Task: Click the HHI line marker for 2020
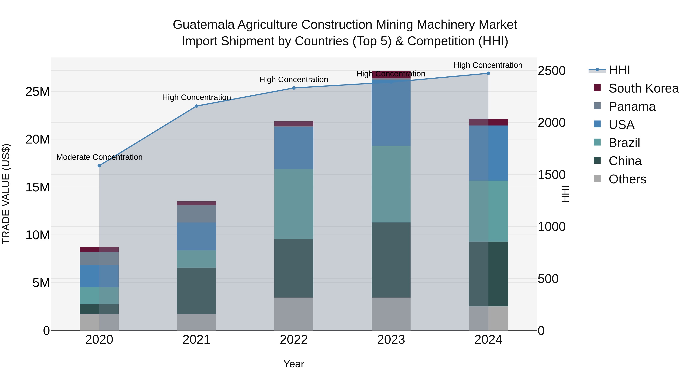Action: click(99, 166)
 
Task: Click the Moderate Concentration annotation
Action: click(99, 157)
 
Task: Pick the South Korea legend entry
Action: click(643, 88)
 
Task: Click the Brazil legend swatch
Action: click(597, 142)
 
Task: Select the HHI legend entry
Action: click(619, 70)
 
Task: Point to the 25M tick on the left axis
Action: click(38, 92)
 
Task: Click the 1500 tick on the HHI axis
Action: click(551, 175)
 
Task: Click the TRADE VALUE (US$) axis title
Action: click(6, 194)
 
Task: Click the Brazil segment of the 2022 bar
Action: click(294, 204)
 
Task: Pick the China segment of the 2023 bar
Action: click(391, 260)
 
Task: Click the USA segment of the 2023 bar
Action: click(391, 112)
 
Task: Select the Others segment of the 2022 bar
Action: click(294, 314)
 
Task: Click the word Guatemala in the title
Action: click(204, 25)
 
